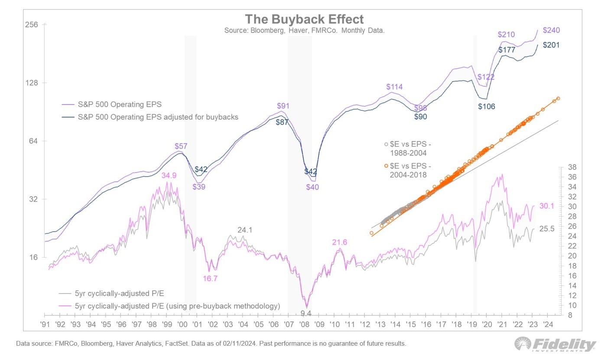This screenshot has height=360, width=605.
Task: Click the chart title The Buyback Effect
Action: click(x=304, y=19)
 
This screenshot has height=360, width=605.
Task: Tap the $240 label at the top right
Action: click(x=551, y=30)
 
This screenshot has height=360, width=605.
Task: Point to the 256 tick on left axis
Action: click(x=33, y=25)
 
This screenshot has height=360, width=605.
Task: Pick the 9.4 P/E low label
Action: click(x=306, y=312)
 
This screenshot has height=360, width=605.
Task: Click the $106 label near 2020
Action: click(x=486, y=106)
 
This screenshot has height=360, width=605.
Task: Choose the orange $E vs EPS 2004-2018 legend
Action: click(x=408, y=170)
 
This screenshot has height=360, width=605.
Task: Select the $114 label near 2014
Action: click(x=394, y=87)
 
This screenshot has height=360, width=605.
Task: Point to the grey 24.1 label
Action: click(x=245, y=230)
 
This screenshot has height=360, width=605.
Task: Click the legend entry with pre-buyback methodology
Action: click(x=177, y=306)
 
